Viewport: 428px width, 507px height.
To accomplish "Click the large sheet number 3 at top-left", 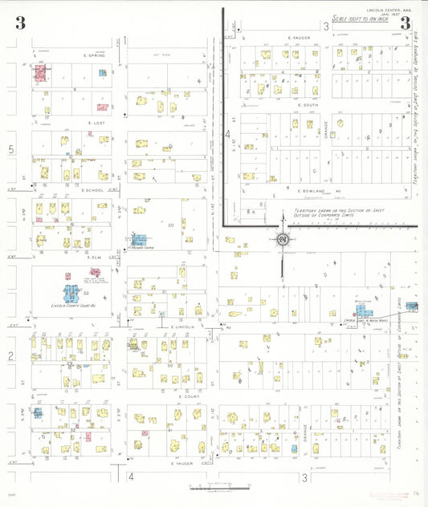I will tap(20, 23).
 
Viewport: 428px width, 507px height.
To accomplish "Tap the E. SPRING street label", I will tap(95, 55).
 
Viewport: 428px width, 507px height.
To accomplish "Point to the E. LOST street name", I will tap(94, 123).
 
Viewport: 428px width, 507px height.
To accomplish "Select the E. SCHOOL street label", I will tap(93, 190).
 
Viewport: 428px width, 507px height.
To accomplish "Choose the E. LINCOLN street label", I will tap(183, 327).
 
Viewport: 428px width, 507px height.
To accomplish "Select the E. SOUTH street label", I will tap(308, 104).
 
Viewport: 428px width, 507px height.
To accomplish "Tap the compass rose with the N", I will tap(283, 238).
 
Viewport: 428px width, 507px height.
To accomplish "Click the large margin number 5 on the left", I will tap(11, 149).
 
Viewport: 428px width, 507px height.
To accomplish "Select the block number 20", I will tap(170, 225).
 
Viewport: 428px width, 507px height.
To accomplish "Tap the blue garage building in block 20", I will tap(139, 239).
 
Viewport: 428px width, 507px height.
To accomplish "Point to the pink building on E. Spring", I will tap(39, 74).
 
